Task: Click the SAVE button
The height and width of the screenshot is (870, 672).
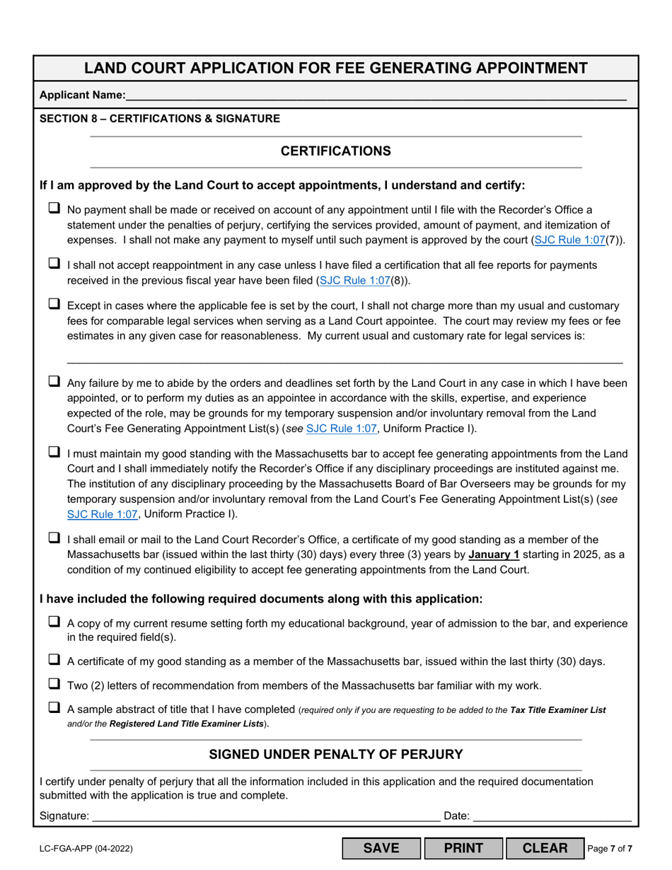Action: coord(381,848)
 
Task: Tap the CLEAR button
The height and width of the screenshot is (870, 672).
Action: coord(544,848)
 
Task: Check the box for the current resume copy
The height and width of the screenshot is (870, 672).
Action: coord(54,622)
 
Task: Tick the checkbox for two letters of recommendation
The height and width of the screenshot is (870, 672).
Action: coord(54,684)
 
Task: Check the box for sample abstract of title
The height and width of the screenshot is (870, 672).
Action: coord(54,707)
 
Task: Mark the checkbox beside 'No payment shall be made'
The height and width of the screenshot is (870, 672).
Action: coord(54,208)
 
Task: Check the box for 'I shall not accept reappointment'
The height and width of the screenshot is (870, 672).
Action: coord(54,263)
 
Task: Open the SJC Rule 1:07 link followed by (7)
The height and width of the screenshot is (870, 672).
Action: coord(569,240)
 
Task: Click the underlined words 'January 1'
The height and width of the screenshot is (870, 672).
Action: coord(493,555)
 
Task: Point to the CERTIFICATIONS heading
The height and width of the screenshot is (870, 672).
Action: coord(335,151)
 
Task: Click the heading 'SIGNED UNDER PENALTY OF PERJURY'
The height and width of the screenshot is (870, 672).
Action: coord(335,755)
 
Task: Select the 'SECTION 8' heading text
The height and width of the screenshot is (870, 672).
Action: coord(159,119)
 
